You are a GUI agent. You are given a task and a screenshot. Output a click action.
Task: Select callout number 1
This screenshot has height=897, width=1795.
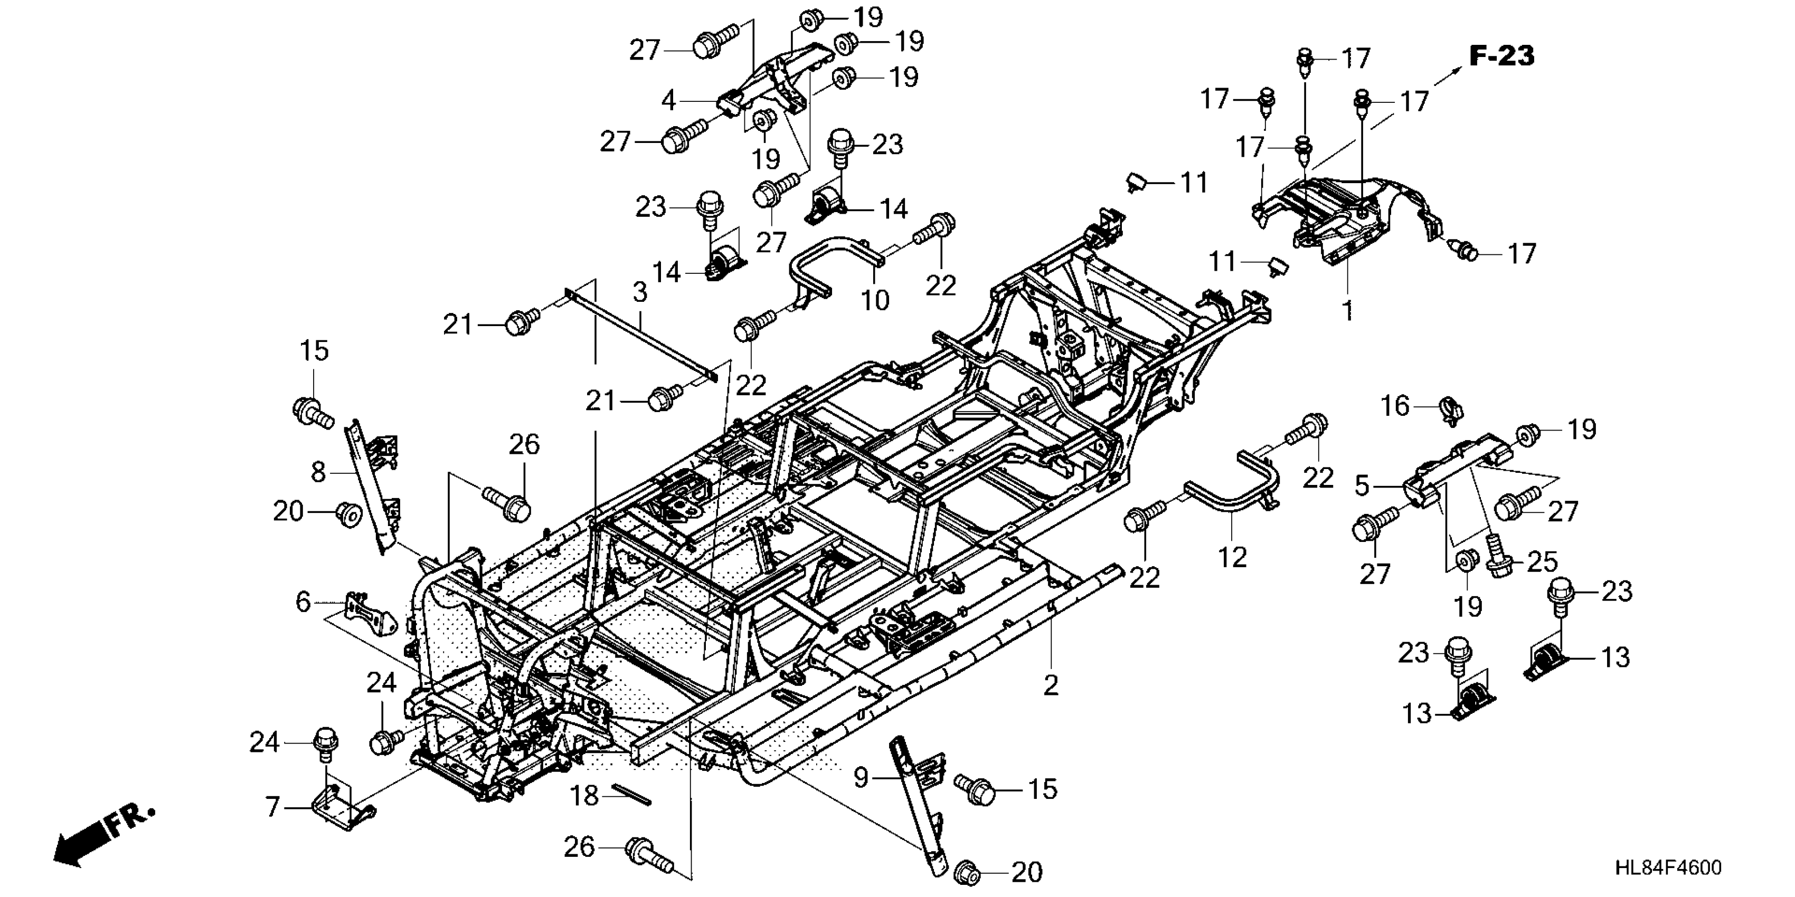point(1348,309)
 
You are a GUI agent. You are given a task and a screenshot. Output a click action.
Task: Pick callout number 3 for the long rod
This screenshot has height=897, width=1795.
point(640,292)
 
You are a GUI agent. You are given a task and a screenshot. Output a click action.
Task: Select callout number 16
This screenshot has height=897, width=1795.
point(1395,406)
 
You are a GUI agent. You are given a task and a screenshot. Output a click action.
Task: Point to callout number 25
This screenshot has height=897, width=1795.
point(1542,562)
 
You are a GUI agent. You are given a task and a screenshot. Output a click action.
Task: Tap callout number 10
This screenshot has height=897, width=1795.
point(875,300)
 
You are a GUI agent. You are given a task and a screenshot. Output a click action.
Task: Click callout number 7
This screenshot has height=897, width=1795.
point(272,807)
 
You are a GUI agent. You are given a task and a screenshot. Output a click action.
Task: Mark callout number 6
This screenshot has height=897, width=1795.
point(303,602)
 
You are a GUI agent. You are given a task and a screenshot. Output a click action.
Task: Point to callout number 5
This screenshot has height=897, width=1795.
point(1362,485)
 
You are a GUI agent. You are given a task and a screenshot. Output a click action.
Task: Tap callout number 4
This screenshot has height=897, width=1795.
point(668,101)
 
